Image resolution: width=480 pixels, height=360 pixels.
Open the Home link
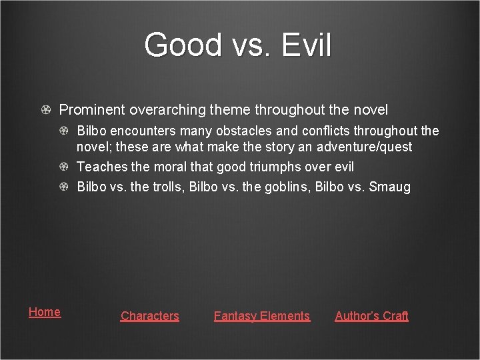click(x=45, y=312)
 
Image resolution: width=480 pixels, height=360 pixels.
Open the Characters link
click(x=149, y=316)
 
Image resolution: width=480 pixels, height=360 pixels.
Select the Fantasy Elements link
click(x=261, y=316)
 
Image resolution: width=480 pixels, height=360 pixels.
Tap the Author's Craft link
click(x=371, y=316)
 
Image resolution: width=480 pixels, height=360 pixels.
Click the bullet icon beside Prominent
click(x=45, y=109)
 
